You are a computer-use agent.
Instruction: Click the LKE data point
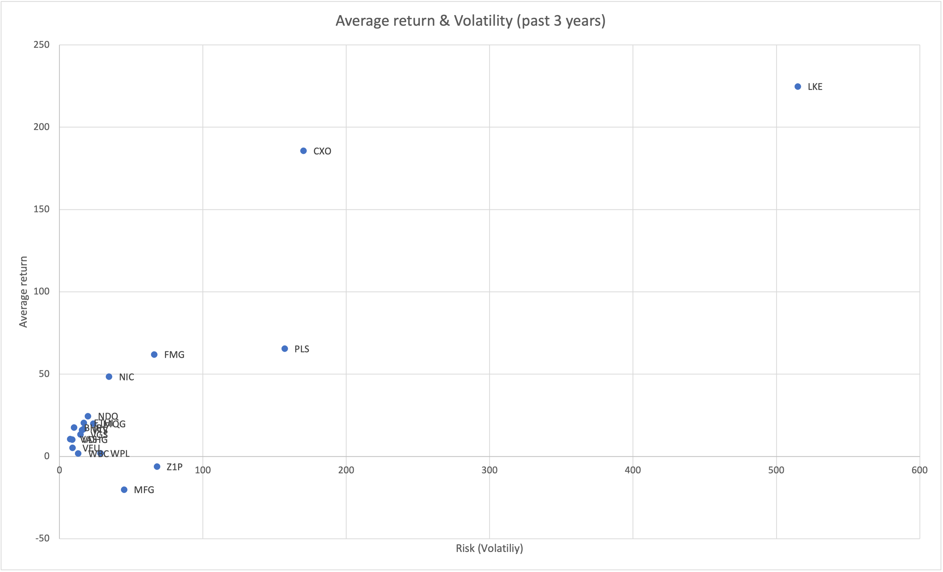[798, 87]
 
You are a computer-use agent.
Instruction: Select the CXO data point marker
[303, 151]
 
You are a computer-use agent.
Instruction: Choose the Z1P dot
[157, 467]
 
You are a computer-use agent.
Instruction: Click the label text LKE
[815, 87]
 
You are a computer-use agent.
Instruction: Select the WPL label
[120, 454]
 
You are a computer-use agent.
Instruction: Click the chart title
[470, 21]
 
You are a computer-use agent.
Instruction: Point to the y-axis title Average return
[23, 292]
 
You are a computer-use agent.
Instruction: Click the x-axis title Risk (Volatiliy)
[489, 548]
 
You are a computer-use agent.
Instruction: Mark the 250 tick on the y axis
[42, 45]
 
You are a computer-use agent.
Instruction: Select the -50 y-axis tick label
[42, 538]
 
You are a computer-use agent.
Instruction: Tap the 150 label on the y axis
[42, 209]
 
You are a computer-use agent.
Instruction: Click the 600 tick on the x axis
[919, 470]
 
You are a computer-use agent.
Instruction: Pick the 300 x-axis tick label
[489, 470]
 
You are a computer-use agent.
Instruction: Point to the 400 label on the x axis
[633, 470]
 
